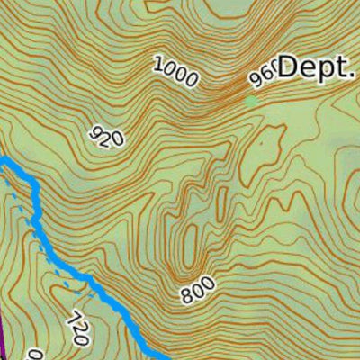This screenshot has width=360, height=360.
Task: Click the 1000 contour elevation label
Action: (175, 71)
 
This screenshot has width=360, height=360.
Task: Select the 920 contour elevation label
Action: (107, 136)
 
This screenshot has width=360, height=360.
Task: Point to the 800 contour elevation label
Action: (197, 291)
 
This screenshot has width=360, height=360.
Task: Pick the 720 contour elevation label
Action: (77, 328)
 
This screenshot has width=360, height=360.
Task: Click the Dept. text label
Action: (316, 67)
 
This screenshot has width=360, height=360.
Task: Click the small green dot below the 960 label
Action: (251, 101)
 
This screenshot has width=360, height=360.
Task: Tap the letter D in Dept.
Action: (287, 67)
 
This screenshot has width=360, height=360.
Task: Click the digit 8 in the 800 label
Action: (186, 297)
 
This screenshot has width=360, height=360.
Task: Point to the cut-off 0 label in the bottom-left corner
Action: (33, 353)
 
